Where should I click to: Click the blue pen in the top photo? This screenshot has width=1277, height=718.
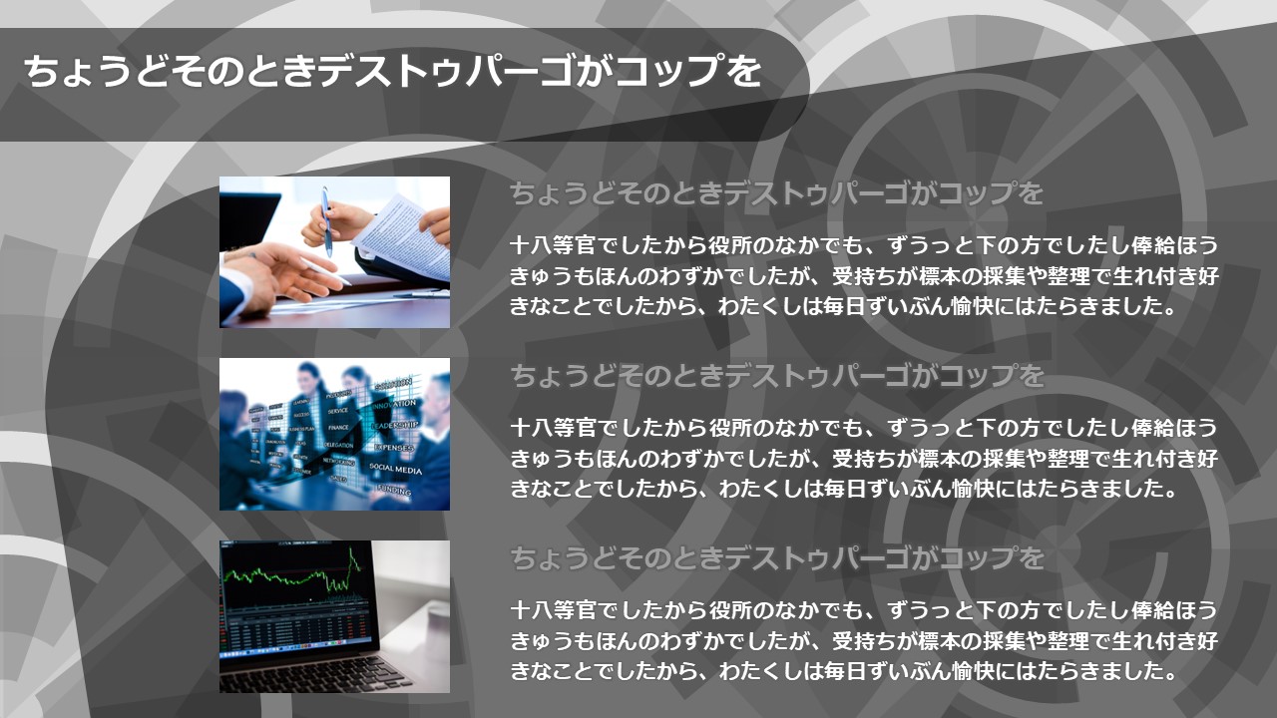(x=326, y=221)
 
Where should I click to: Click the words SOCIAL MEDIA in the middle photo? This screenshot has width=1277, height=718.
(x=396, y=469)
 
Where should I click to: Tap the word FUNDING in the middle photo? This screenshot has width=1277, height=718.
(x=393, y=490)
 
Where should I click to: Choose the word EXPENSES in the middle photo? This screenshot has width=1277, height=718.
(x=394, y=448)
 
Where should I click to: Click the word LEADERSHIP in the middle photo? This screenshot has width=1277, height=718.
(x=395, y=426)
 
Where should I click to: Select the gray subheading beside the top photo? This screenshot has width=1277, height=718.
(x=776, y=192)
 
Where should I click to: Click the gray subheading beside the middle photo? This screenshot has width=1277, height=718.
(x=776, y=376)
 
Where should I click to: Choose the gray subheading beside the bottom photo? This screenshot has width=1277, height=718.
(x=776, y=557)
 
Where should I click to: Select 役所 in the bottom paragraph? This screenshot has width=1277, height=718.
(x=730, y=610)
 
